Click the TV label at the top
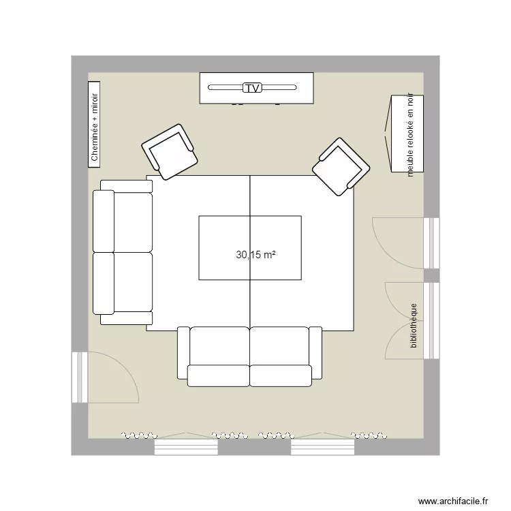252,88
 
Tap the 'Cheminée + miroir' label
95,124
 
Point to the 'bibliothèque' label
413,326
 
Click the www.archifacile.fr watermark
453,500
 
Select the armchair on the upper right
341,167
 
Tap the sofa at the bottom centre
249,356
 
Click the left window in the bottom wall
186,447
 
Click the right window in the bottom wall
322,447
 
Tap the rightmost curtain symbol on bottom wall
369,433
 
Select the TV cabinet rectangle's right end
307,88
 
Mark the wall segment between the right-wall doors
431,275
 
